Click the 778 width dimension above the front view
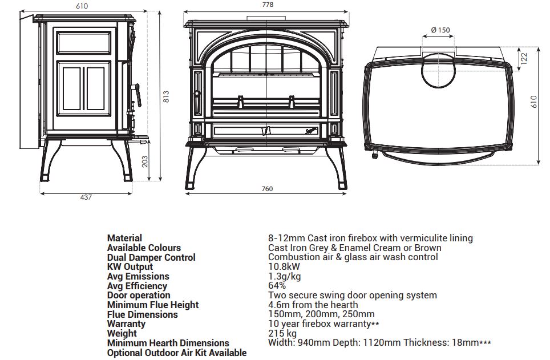(268, 5)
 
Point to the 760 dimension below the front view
(267, 189)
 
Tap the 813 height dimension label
(167, 98)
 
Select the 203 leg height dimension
(145, 162)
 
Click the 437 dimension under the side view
(86, 197)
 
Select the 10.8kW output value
(284, 266)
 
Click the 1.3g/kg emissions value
(284, 276)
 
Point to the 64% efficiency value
(277, 286)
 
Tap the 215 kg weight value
(282, 333)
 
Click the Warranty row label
(126, 324)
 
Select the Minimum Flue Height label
(153, 305)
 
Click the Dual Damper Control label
(151, 257)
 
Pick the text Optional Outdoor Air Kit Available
(177, 353)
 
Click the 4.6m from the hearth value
(313, 305)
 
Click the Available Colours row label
(144, 248)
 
